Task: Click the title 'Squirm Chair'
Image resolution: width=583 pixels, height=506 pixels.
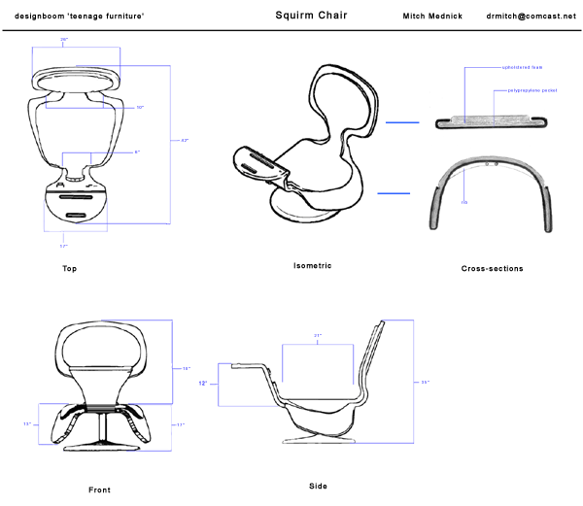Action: pos(311,16)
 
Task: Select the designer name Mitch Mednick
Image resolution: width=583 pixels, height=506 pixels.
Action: pos(432,17)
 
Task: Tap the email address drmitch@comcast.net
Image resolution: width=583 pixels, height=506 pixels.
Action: pos(532,17)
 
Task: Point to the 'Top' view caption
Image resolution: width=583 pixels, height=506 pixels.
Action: pos(69,269)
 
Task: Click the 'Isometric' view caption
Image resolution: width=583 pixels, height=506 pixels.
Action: pos(313,265)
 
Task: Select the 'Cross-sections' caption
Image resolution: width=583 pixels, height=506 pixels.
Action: pos(492,269)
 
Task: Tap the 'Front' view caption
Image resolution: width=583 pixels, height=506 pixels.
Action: pos(99,489)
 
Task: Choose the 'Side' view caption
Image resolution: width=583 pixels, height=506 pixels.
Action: pos(318,486)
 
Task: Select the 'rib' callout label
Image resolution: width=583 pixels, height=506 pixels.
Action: pos(464,176)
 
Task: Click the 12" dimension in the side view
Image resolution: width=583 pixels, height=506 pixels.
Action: pos(203,384)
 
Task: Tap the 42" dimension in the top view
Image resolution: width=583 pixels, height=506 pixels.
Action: pos(185,141)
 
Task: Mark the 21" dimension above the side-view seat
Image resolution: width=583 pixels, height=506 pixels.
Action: pos(318,336)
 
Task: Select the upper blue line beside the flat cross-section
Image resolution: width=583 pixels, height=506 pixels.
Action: pos(401,123)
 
